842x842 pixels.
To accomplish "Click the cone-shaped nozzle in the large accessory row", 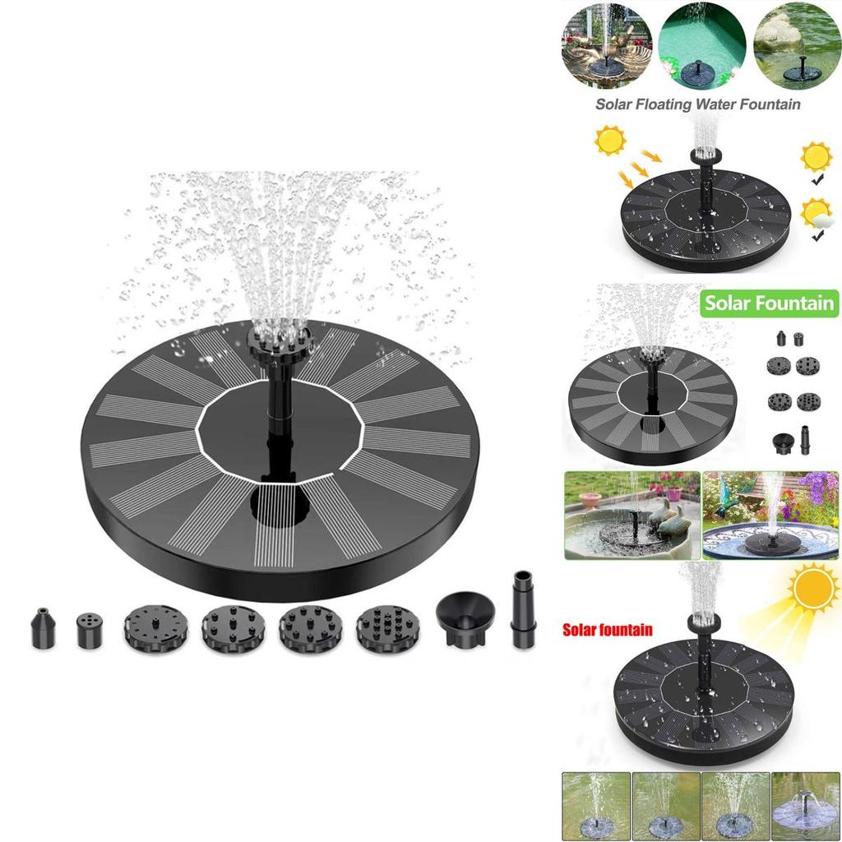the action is tap(44, 627).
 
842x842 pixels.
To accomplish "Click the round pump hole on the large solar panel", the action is tap(280, 504).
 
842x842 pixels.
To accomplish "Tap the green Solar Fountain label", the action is tap(769, 303).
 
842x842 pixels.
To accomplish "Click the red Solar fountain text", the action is tap(608, 629).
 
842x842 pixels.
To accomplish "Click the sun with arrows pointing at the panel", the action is tap(611, 141).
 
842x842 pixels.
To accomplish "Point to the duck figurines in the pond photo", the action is tap(669, 519).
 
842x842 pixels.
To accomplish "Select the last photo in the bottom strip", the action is tap(806, 807).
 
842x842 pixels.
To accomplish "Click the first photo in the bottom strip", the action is tap(596, 807).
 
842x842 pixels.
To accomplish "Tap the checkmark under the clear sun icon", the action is tap(817, 180).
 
